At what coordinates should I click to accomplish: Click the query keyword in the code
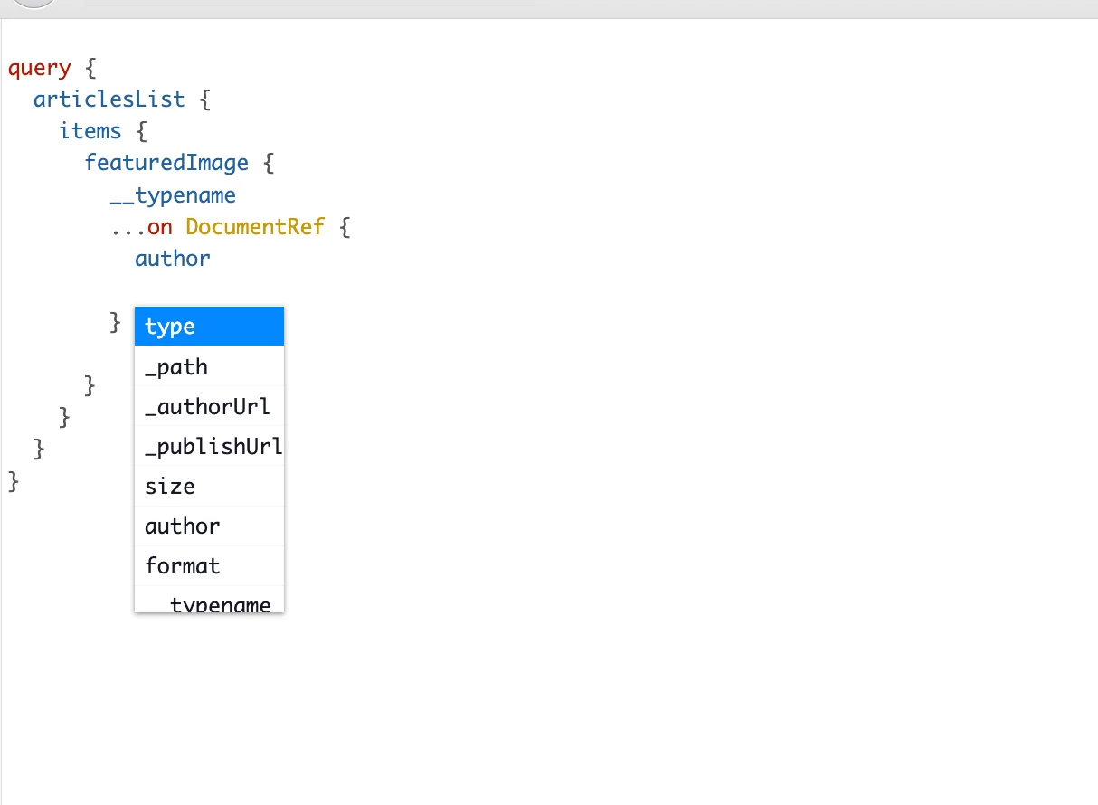point(40,68)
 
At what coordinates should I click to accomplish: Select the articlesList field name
point(109,99)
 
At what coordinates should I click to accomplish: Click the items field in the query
point(90,131)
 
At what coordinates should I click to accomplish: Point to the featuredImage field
point(166,163)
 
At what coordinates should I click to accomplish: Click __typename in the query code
point(173,195)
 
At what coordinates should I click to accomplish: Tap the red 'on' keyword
point(160,227)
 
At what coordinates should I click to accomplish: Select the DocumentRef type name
point(255,226)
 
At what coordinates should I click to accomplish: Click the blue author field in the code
point(173,259)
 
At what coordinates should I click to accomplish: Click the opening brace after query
point(90,68)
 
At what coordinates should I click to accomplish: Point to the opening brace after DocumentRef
point(345,227)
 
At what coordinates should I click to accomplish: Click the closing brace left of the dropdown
point(115,323)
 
